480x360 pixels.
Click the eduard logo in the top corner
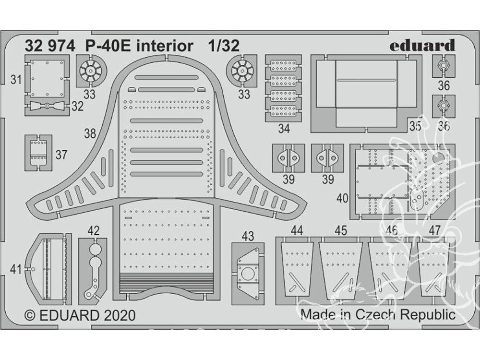pos(422,46)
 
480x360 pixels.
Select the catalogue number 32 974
pos(49,46)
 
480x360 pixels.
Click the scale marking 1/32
pos(224,46)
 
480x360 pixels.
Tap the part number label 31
pos(15,80)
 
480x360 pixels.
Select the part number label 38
pos(90,134)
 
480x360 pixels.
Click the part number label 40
pos(342,198)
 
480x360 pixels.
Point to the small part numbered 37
pos(38,153)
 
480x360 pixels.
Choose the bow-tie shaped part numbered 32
pos(46,106)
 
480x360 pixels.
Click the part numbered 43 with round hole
pos(248,274)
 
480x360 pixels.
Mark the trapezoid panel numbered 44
pos(296,268)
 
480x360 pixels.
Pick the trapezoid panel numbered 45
pos(341,268)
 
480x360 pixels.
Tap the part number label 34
pos(284,129)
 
